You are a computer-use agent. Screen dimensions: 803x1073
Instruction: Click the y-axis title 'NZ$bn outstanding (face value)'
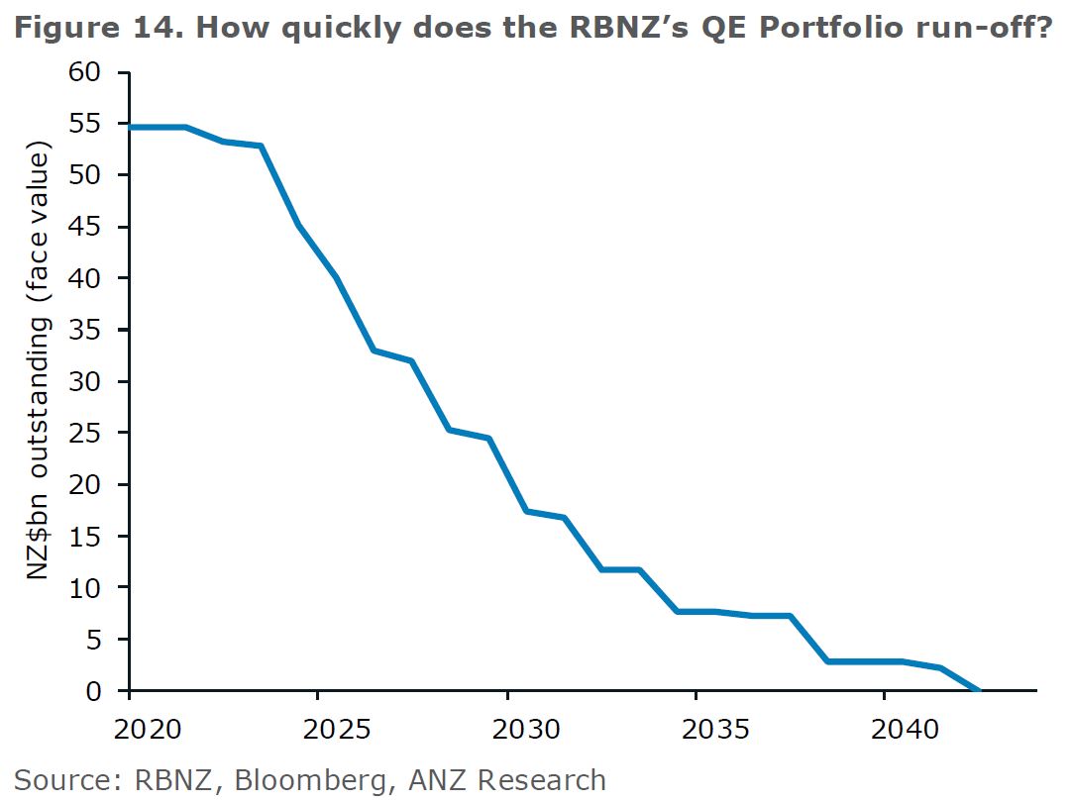39,364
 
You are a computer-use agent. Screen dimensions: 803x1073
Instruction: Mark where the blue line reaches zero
980,690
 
